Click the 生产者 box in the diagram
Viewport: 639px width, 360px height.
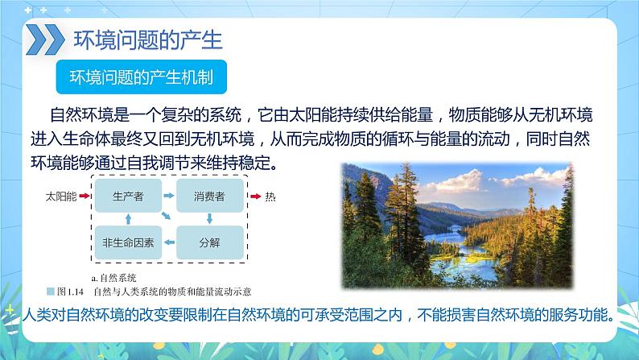(128, 197)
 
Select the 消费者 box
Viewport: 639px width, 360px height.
(209, 197)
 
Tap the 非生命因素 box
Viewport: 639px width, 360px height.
(128, 241)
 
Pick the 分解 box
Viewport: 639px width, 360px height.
(209, 241)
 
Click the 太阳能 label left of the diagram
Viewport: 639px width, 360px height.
(62, 197)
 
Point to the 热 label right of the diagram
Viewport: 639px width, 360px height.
(270, 197)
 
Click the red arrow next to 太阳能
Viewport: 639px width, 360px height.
(85, 197)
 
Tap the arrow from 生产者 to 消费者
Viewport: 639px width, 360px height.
(169, 197)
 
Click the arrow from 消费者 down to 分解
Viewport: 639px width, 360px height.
(209, 218)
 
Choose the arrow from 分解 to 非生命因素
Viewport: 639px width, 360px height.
(169, 241)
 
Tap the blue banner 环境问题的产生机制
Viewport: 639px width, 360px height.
(138, 77)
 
